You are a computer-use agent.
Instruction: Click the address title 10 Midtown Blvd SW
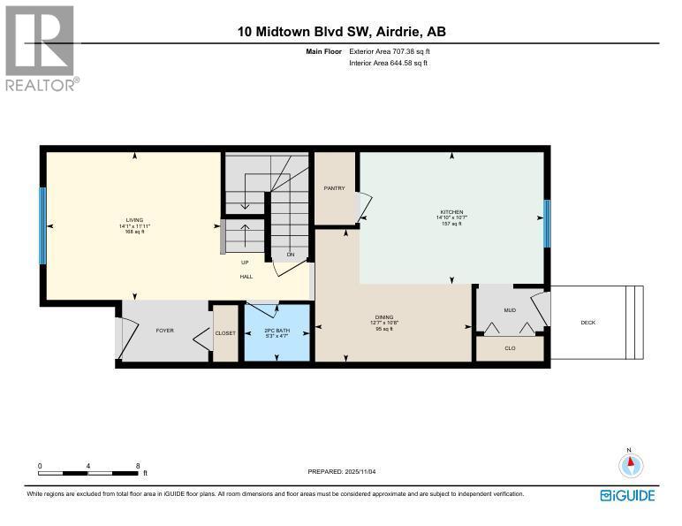pyautogui.click(x=341, y=32)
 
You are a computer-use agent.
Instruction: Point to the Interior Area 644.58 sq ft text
pyautogui.click(x=389, y=64)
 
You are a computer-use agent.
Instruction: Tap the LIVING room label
pyautogui.click(x=134, y=221)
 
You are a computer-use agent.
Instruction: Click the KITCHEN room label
pyautogui.click(x=451, y=212)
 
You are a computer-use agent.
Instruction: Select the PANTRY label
pyautogui.click(x=334, y=187)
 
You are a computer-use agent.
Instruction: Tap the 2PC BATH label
pyautogui.click(x=277, y=332)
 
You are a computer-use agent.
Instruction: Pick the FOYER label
pyautogui.click(x=164, y=331)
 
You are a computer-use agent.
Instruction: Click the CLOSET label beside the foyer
pyautogui.click(x=225, y=332)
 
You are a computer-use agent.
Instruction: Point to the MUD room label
pyautogui.click(x=510, y=310)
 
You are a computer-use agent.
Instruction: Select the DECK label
pyautogui.click(x=587, y=323)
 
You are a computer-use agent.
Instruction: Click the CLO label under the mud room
pyautogui.click(x=510, y=348)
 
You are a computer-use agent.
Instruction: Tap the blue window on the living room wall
pyautogui.click(x=42, y=226)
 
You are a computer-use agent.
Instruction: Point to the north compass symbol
pyautogui.click(x=630, y=465)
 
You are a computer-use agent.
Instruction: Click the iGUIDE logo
pyautogui.click(x=627, y=495)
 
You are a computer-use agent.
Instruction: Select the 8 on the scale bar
pyautogui.click(x=138, y=466)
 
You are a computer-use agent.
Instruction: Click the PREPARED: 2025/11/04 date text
pyautogui.click(x=347, y=472)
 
